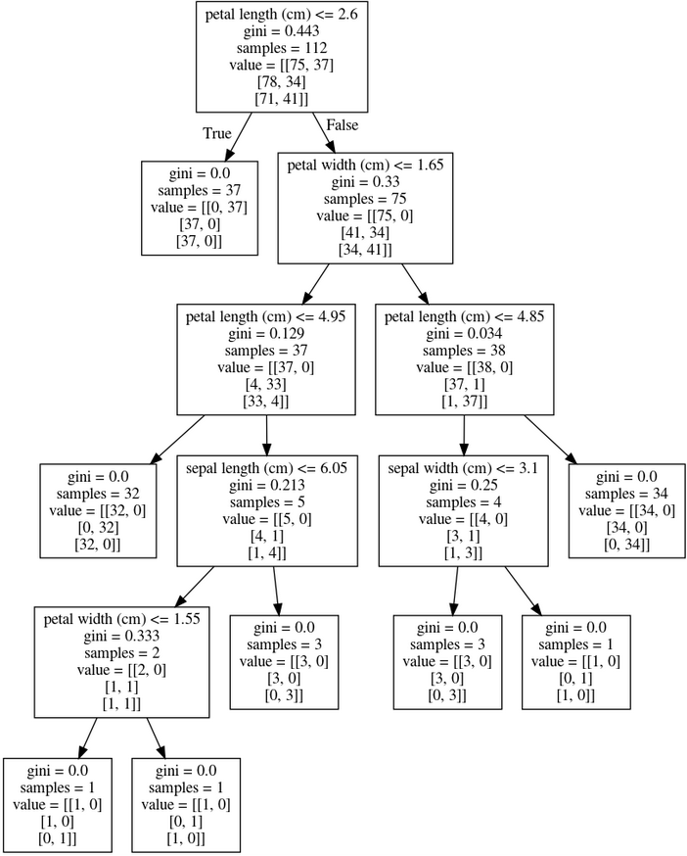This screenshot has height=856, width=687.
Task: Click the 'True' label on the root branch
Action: pos(217,134)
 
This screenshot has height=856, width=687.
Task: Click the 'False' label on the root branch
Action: pos(343,125)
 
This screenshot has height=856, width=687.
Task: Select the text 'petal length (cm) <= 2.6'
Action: pos(282,14)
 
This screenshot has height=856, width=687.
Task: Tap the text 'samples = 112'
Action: pos(282,48)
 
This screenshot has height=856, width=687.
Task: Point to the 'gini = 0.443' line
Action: pos(282,31)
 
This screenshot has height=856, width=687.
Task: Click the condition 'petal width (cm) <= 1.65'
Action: pos(365,165)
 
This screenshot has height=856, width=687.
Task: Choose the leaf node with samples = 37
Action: pos(200,208)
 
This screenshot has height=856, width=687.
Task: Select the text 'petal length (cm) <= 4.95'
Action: pos(266,316)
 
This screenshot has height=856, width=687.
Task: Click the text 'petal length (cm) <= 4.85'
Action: pos(465,316)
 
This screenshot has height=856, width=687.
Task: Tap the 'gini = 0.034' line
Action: pos(465,334)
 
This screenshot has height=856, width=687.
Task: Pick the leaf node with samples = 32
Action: pos(98,511)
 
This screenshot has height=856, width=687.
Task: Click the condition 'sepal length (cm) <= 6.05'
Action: pos(267,468)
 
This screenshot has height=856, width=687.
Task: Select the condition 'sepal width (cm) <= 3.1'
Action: pos(463,468)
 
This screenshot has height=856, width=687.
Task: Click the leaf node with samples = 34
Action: pos(627,511)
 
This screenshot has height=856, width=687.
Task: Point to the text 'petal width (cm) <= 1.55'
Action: pos(121,619)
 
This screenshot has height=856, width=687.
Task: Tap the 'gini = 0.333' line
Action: pos(121,636)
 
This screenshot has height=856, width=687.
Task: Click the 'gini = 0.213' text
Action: pos(267,486)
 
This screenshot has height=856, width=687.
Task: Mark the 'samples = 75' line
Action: pos(365,199)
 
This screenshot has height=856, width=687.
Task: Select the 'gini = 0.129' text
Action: pos(266,334)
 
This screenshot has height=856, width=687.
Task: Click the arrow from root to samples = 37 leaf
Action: pos(239,136)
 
